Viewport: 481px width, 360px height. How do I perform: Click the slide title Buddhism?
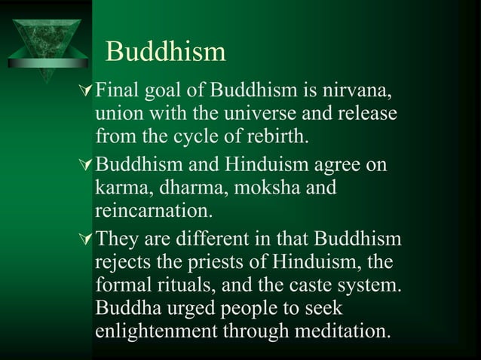pos(166,51)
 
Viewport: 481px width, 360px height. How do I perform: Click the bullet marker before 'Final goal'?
pos(85,93)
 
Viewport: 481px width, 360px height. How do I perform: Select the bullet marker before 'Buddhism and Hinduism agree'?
pos(85,163)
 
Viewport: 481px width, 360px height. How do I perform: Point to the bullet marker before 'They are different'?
pos(85,241)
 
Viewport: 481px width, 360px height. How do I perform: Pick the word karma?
pos(123,187)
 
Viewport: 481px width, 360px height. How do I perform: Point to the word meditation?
pos(339,332)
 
